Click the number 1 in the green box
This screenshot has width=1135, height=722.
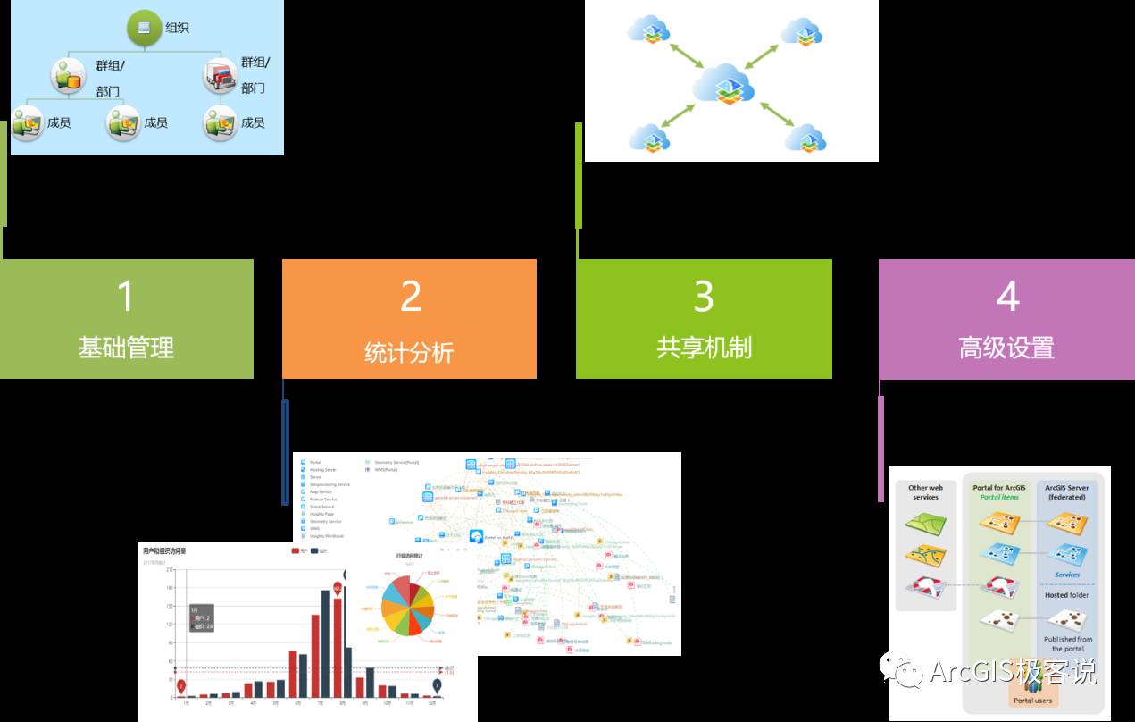point(126,296)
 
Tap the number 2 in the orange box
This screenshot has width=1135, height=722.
point(411,296)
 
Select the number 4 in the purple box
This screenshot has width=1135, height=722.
point(1007,296)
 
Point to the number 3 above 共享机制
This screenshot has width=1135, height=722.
point(704,296)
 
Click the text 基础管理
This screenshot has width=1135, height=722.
point(126,347)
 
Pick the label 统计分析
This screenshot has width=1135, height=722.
point(409,351)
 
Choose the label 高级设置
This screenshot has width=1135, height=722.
point(1006,347)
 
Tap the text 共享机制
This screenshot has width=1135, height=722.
point(704,347)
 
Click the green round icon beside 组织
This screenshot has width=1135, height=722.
point(144,28)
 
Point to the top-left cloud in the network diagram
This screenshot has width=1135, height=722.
point(649,29)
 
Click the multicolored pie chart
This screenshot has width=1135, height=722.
point(407,605)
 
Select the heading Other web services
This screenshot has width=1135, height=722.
point(925,492)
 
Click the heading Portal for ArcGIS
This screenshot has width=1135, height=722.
point(998,488)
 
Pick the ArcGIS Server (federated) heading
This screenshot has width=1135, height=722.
point(1067,492)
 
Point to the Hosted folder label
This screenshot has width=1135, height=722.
point(1067,595)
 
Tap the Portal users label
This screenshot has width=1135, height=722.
point(1032,701)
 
